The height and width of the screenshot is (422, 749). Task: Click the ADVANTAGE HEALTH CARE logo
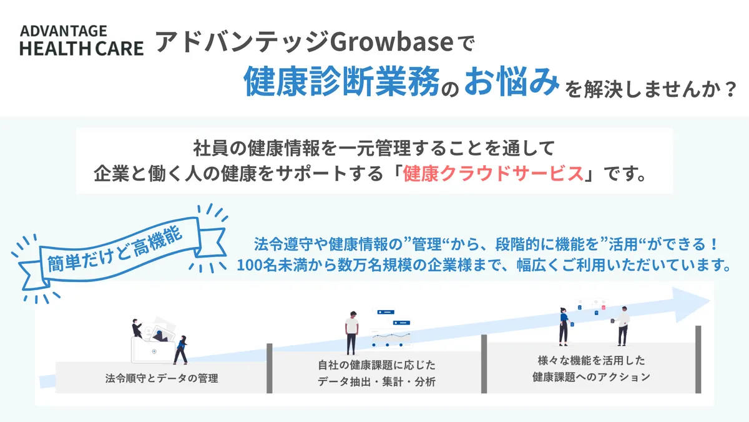[81, 41]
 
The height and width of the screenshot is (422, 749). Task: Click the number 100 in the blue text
[249, 264]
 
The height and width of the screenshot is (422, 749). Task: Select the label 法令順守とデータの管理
[162, 378]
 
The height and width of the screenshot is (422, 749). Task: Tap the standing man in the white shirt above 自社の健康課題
[351, 334]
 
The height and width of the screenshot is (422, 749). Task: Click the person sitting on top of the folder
[137, 328]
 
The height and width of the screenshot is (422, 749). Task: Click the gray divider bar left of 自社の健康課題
[270, 368]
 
